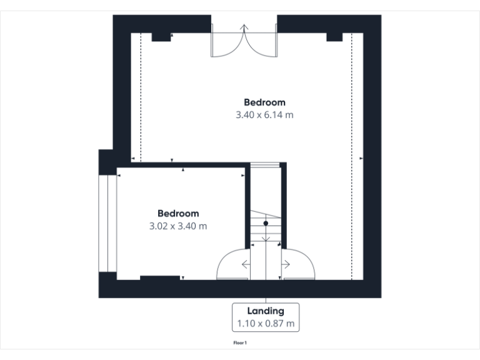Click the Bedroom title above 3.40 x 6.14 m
click(264, 102)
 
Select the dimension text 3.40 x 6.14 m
click(264, 115)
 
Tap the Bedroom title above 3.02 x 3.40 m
click(178, 213)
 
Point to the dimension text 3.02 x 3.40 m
click(178, 226)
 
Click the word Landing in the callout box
click(266, 311)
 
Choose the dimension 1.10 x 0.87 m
click(266, 324)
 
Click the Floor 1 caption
click(241, 343)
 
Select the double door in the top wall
click(244, 42)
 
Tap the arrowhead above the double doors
click(244, 27)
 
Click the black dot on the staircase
click(266, 222)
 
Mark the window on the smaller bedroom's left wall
click(108, 223)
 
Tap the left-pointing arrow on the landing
click(245, 264)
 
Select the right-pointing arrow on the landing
click(286, 264)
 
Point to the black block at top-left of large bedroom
click(161, 37)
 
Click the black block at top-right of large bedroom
click(335, 37)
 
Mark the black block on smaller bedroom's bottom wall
click(159, 277)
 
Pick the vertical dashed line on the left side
click(141, 94)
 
